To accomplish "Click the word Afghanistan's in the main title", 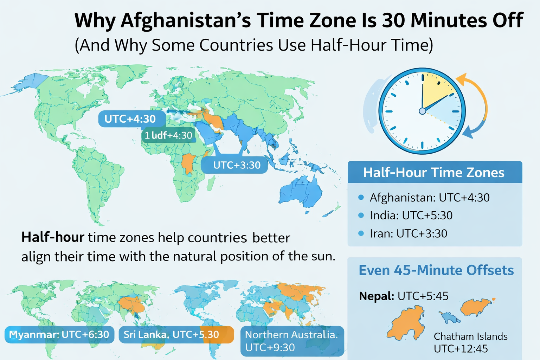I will tap(186, 20).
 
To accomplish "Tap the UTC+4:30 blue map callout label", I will tap(131, 119).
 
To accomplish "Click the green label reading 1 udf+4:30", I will tap(169, 135).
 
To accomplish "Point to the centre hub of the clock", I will tap(422, 111).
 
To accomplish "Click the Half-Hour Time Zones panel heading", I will tap(434, 173).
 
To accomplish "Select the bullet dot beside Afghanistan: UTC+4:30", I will tap(361, 198).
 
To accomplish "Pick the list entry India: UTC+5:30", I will tap(411, 216).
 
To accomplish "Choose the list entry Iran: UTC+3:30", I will tap(408, 233).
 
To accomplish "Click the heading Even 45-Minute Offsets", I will tap(436, 270).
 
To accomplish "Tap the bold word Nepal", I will tap(376, 296).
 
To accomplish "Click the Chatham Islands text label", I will tap(470, 336).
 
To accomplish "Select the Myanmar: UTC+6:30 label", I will tap(59, 334).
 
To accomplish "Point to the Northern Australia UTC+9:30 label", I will tap(292, 341).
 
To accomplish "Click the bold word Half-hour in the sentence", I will tap(53, 238).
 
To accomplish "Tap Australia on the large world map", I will tap(301, 192).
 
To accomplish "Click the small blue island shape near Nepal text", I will tap(449, 317).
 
